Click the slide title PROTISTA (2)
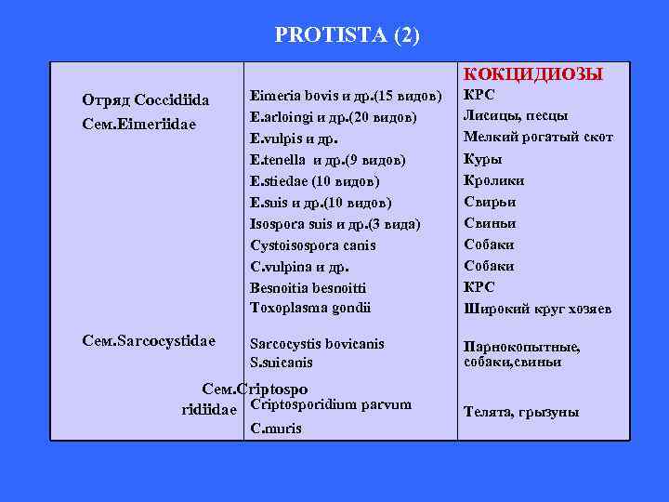click(x=347, y=35)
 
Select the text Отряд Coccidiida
click(x=146, y=99)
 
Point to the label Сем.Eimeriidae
click(x=138, y=123)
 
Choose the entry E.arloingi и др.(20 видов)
click(x=333, y=117)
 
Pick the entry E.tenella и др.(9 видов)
click(x=328, y=160)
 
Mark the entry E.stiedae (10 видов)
click(x=314, y=181)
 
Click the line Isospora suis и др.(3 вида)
click(x=334, y=224)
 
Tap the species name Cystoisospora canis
click(x=313, y=245)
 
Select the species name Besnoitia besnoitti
click(x=308, y=288)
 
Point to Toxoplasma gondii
click(x=310, y=309)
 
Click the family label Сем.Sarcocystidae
click(x=150, y=341)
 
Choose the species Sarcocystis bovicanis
click(x=317, y=344)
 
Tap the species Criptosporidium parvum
click(x=331, y=404)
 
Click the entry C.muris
click(x=276, y=429)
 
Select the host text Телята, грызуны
click(x=521, y=412)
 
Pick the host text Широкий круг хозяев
click(x=537, y=310)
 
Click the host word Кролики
click(x=493, y=181)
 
